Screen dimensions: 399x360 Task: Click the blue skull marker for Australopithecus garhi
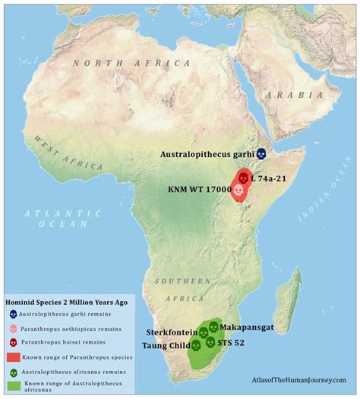(261, 154)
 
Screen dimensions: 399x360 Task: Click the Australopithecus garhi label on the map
(207, 154)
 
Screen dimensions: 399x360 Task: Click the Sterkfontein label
(172, 332)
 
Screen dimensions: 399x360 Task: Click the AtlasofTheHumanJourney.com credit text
(298, 379)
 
